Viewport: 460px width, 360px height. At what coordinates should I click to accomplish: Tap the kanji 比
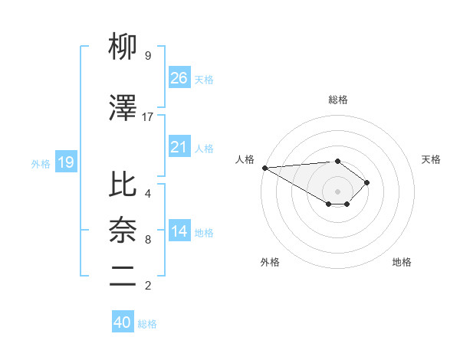pos(123,185)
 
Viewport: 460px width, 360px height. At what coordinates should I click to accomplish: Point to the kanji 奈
pos(123,231)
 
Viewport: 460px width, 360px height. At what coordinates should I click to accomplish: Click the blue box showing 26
pos(179,77)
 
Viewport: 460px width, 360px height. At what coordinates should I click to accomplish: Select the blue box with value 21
pos(179,147)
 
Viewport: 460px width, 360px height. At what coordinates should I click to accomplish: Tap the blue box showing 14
pos(179,231)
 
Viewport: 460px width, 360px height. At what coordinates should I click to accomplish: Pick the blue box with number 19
pos(65,162)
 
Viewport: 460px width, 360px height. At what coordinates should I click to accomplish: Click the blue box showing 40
pos(123,322)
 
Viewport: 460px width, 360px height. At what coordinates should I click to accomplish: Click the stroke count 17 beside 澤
pos(148,117)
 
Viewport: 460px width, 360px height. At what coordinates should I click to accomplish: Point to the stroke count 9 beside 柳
pos(148,56)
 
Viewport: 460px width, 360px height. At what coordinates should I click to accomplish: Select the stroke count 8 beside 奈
pos(148,240)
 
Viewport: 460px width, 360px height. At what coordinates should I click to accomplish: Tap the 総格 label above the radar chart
pos(337,100)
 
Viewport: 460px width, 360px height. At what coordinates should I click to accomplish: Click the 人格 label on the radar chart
pos(245,159)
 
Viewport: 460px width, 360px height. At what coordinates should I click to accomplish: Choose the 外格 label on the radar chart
pos(270,262)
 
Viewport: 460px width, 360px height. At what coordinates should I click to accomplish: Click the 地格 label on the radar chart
pos(402,262)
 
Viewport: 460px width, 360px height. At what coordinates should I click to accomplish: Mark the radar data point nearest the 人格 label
pos(264,167)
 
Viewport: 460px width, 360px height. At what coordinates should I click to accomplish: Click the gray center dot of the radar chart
pos(337,190)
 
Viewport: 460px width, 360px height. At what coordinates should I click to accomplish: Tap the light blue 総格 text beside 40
pos(147,324)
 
